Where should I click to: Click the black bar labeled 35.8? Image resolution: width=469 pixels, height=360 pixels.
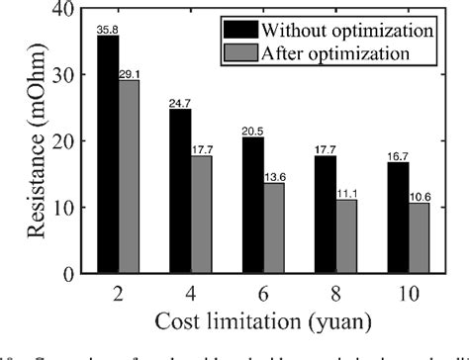tap(108, 154)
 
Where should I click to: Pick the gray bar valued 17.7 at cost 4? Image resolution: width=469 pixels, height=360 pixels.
tap(202, 215)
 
